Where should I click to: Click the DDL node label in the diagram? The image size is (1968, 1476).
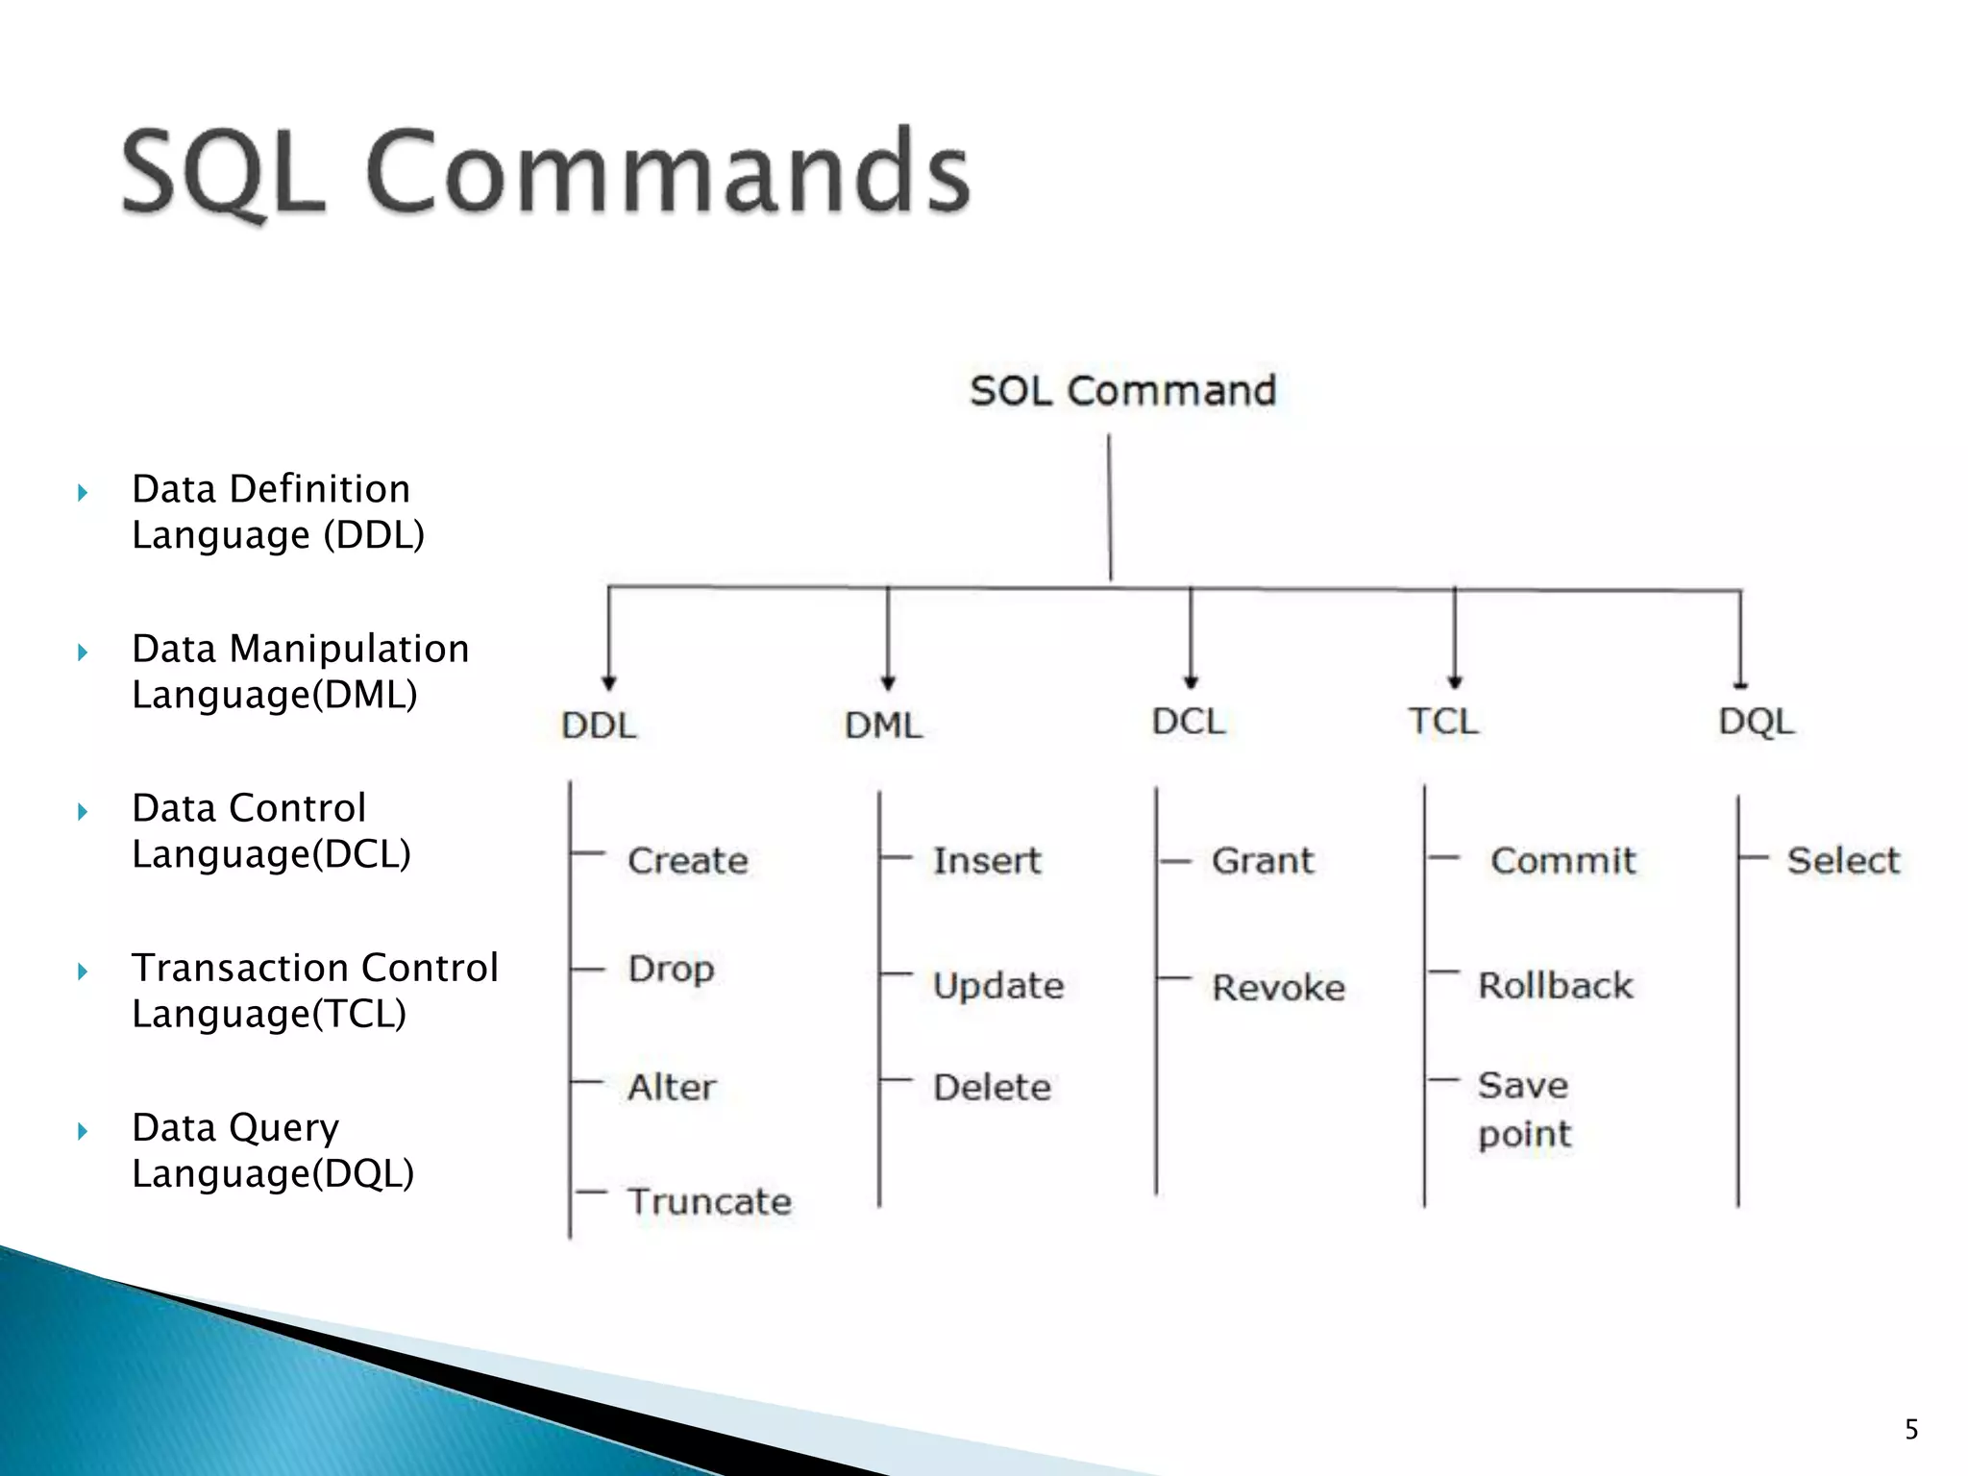(599, 726)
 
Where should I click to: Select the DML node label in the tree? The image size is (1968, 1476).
(883, 726)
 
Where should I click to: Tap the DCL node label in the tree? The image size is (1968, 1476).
(1189, 722)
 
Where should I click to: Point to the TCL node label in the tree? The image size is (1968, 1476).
(1443, 722)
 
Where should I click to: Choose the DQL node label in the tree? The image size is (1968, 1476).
(1756, 722)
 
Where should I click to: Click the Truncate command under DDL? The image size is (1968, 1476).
(709, 1201)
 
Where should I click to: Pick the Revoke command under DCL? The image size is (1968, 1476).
(1278, 988)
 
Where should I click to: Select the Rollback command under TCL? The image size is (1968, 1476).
(1555, 986)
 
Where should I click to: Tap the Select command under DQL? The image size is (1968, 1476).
(1843, 861)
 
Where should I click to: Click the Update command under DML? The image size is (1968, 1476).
(998, 986)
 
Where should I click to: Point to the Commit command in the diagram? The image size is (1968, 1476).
(1562, 861)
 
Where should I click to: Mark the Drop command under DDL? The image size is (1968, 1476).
(671, 969)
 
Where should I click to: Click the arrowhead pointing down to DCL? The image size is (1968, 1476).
(1191, 681)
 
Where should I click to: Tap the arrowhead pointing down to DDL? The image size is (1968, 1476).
(608, 683)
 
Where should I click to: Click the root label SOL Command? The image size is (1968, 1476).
(1122, 391)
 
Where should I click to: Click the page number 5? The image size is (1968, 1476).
(1911, 1429)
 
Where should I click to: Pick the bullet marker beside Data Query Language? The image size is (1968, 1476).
(83, 1131)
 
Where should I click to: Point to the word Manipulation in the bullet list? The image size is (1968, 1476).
(349, 649)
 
